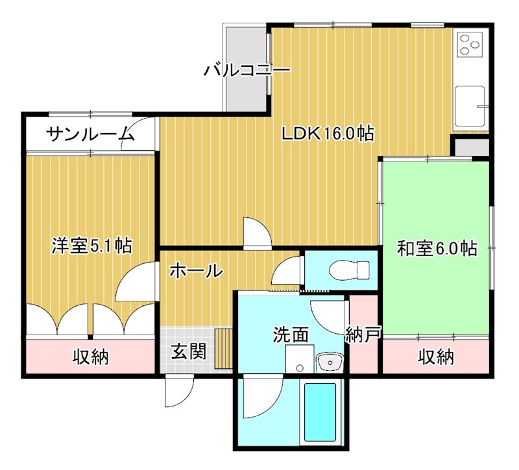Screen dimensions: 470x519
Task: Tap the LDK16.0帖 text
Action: [x=327, y=134]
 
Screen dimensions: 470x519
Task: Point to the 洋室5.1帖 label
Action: [x=91, y=246]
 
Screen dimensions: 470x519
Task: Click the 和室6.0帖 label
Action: [x=437, y=248]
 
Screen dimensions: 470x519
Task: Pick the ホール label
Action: [x=196, y=271]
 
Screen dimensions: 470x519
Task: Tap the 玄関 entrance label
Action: [x=189, y=352]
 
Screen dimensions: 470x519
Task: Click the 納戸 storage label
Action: [x=363, y=335]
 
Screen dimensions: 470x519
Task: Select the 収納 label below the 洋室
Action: [x=90, y=356]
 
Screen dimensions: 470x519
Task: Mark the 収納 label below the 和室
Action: [x=435, y=356]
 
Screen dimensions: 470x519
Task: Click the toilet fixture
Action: [x=349, y=268]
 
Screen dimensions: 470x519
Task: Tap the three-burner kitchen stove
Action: [x=470, y=45]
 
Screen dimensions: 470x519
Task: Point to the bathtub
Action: [x=320, y=412]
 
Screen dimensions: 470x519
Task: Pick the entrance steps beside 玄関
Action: [x=224, y=348]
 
